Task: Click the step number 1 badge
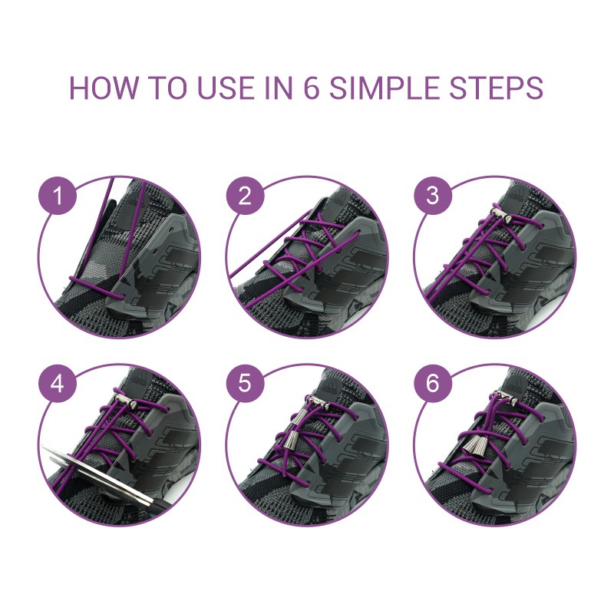57,195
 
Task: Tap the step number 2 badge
245,195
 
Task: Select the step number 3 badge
433,195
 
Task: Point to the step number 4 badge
57,383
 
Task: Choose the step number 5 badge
245,383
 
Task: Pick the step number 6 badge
433,383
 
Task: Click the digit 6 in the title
311,87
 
